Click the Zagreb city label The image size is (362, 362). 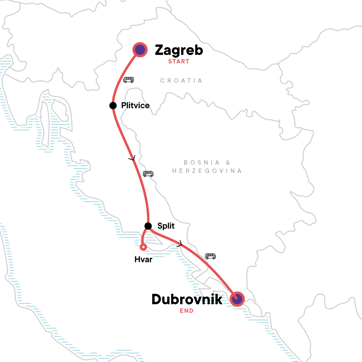point(179,50)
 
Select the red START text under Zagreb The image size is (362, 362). point(179,62)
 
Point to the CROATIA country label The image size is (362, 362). point(181,81)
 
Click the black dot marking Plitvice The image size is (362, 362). point(113,106)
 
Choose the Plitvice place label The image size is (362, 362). point(135,106)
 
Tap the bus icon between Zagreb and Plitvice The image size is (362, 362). point(129,80)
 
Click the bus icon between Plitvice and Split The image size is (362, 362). point(148,174)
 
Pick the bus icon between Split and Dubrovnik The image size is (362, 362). point(210,256)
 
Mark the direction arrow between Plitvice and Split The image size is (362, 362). point(132,158)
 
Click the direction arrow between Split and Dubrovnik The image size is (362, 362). point(180,244)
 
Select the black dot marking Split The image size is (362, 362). point(148,226)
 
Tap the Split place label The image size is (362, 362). point(166,226)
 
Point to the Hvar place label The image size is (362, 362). point(143,259)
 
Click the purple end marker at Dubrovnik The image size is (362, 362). point(237,299)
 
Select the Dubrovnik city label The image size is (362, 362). point(187,299)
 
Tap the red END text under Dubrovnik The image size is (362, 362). point(186,311)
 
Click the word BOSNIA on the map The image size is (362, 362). point(202,163)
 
